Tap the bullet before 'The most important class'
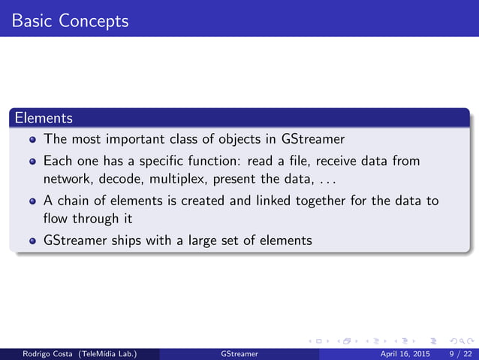(32, 140)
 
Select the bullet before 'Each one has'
(32, 162)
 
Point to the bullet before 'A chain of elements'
(32, 202)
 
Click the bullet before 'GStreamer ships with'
(32, 242)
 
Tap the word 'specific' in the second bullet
(170, 162)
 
